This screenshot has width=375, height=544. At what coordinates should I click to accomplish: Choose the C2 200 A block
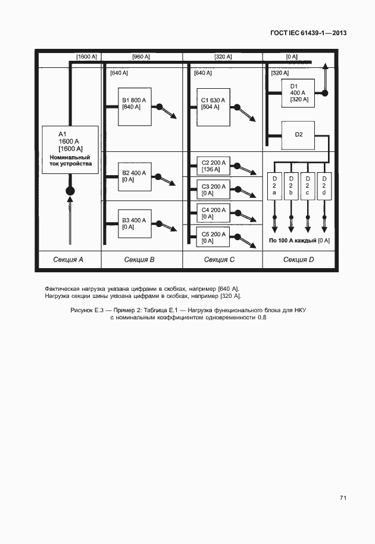point(212,165)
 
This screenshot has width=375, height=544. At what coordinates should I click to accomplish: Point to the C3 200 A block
point(212,189)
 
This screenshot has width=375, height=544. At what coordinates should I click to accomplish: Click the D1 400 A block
point(298,93)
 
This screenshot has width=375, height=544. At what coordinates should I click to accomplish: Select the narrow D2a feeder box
point(274,186)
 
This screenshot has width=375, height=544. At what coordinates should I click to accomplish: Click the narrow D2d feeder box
point(324,186)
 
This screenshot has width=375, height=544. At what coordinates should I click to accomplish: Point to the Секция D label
point(299,259)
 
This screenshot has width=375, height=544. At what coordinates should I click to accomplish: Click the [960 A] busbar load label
point(142,57)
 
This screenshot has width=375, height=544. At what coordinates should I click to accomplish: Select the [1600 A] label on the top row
point(87,57)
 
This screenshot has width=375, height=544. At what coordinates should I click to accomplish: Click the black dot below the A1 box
point(70,191)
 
